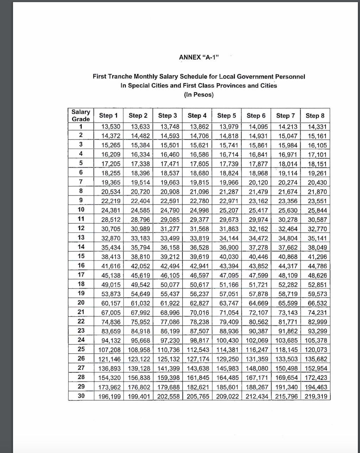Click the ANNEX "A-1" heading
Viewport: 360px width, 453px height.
click(199, 57)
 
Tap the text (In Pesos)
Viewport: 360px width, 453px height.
click(199, 94)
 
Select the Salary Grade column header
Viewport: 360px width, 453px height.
click(81, 115)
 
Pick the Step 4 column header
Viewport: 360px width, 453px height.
click(197, 116)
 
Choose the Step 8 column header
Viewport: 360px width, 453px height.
click(315, 116)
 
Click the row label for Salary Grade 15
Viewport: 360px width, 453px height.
click(81, 256)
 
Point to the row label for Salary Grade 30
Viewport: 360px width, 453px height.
click(81, 396)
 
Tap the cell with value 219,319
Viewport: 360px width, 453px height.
click(316, 396)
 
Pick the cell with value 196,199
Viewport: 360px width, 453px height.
click(109, 396)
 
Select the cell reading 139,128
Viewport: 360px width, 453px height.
click(138, 368)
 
